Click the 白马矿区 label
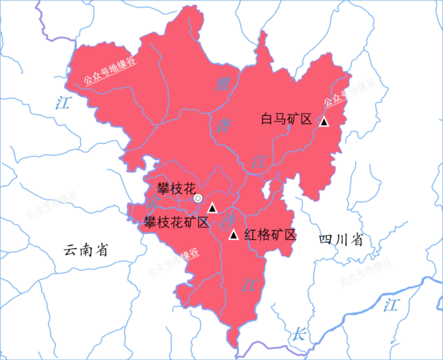287,118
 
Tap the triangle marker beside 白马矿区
323,122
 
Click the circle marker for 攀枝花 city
198,199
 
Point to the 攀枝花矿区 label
176,222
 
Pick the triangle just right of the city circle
213,207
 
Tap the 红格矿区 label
270,235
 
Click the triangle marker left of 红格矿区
234,236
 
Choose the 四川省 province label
341,240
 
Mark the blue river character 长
299,332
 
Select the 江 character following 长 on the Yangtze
392,305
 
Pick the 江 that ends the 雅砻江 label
261,161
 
